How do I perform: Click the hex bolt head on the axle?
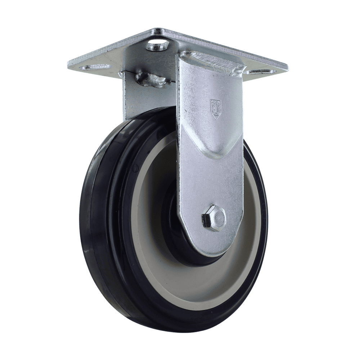[213, 217]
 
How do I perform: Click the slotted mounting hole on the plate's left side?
[97, 67]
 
